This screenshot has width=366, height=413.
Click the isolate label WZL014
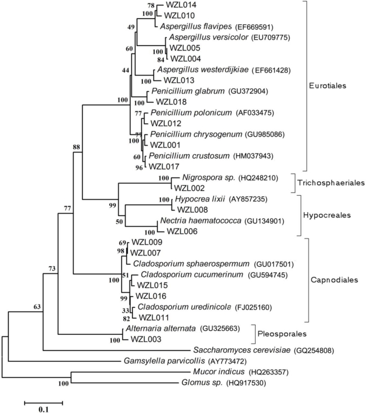point(181,5)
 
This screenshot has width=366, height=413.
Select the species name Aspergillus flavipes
point(196,26)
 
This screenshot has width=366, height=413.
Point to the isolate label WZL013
point(179,80)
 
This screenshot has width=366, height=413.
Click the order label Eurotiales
point(328,86)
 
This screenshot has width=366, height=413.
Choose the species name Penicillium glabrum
point(188,91)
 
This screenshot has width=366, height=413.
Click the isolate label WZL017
point(164,167)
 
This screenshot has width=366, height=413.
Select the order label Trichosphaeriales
point(331,182)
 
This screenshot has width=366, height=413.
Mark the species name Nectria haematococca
point(200,221)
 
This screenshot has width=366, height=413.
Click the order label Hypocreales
point(327,215)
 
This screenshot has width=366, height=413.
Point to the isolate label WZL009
point(147,242)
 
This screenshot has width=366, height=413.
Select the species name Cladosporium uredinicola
point(184,307)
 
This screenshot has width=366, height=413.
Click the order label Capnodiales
point(334,280)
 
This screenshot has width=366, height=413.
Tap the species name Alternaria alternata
point(160,329)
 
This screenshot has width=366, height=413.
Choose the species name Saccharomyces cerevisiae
point(242,350)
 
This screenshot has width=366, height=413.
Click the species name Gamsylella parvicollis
point(164,361)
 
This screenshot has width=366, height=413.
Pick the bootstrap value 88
point(77,147)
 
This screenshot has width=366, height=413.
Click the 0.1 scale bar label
point(44,409)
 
